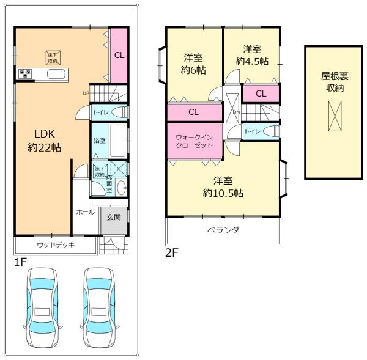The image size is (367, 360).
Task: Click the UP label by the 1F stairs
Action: pyautogui.click(x=87, y=93)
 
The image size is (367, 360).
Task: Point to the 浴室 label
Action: pyautogui.click(x=99, y=141)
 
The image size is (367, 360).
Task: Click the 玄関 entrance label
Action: pyautogui.click(x=113, y=217)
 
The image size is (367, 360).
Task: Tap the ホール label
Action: pyautogui.click(x=85, y=212)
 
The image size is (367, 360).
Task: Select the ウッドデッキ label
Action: pyautogui.click(x=55, y=246)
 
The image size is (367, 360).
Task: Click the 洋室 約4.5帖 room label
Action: pyautogui.click(x=253, y=55)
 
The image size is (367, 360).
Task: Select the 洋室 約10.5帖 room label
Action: pyautogui.click(x=223, y=186)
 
